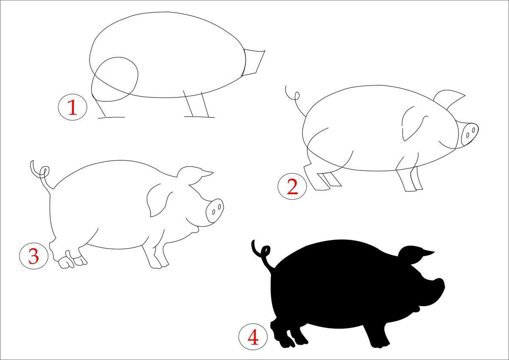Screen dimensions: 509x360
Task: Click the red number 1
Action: coord(73,107)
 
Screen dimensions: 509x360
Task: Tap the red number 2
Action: coord(292,187)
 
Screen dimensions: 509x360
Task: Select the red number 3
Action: coord(34,256)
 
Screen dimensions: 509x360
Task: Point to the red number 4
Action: coord(253,337)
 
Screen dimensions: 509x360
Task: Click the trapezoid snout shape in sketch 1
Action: coord(254,62)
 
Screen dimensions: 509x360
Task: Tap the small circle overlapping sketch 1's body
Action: coord(115,79)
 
